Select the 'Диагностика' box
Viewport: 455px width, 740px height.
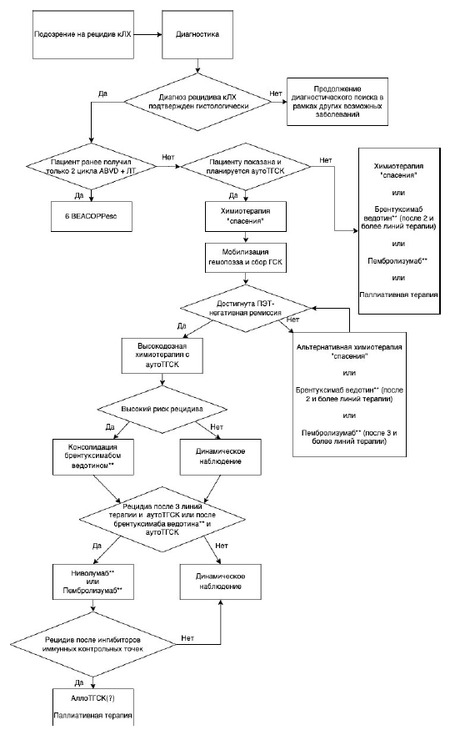197,34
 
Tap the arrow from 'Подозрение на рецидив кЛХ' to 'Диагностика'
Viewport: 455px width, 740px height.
148,34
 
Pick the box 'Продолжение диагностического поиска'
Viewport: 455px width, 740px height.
337,102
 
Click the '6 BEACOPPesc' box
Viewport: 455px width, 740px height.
91,216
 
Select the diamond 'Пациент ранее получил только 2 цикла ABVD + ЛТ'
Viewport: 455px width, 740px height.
91,167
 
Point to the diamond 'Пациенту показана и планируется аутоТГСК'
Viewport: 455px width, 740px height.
246,166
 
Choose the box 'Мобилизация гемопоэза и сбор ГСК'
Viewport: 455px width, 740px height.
245,257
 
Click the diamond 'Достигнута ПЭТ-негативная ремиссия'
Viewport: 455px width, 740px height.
246,308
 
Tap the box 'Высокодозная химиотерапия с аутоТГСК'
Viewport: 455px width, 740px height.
162,355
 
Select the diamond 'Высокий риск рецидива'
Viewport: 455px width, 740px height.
162,409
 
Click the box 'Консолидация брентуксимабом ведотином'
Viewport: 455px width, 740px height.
92,456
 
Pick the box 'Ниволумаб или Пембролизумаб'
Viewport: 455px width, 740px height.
92,581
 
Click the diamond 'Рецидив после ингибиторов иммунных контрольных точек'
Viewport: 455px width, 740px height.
93,644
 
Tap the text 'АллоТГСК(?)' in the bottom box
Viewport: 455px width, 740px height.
92,697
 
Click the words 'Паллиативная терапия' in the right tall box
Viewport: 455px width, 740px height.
399,294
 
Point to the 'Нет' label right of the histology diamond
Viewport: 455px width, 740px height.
276,93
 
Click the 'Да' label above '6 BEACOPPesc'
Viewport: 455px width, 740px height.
78,195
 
